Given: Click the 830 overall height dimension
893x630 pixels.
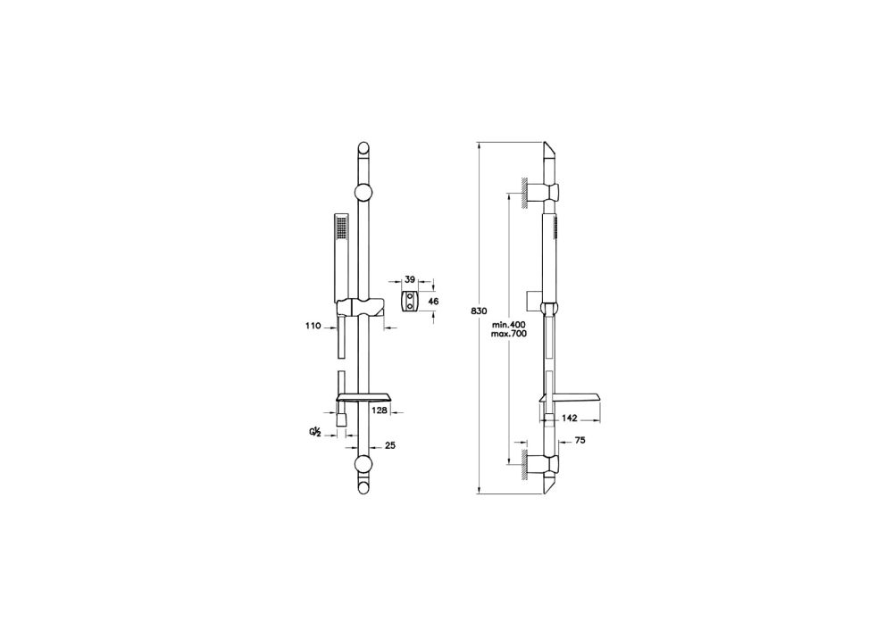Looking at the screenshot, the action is pos(479,311).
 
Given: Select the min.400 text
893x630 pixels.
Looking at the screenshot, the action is pos(509,325).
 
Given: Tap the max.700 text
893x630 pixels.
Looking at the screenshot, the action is pos(509,334).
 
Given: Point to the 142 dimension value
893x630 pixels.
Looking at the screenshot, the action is pos(570,419).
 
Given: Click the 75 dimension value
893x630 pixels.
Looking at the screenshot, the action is pos(580,440).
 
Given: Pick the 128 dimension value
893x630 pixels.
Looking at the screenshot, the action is pos(380,410).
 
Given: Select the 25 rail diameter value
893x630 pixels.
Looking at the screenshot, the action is pos(390,445).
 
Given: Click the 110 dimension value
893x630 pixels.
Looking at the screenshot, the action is pos(313,326).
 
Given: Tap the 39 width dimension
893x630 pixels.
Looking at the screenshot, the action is pos(410,279).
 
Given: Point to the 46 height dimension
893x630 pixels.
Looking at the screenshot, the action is pos(433,302).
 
